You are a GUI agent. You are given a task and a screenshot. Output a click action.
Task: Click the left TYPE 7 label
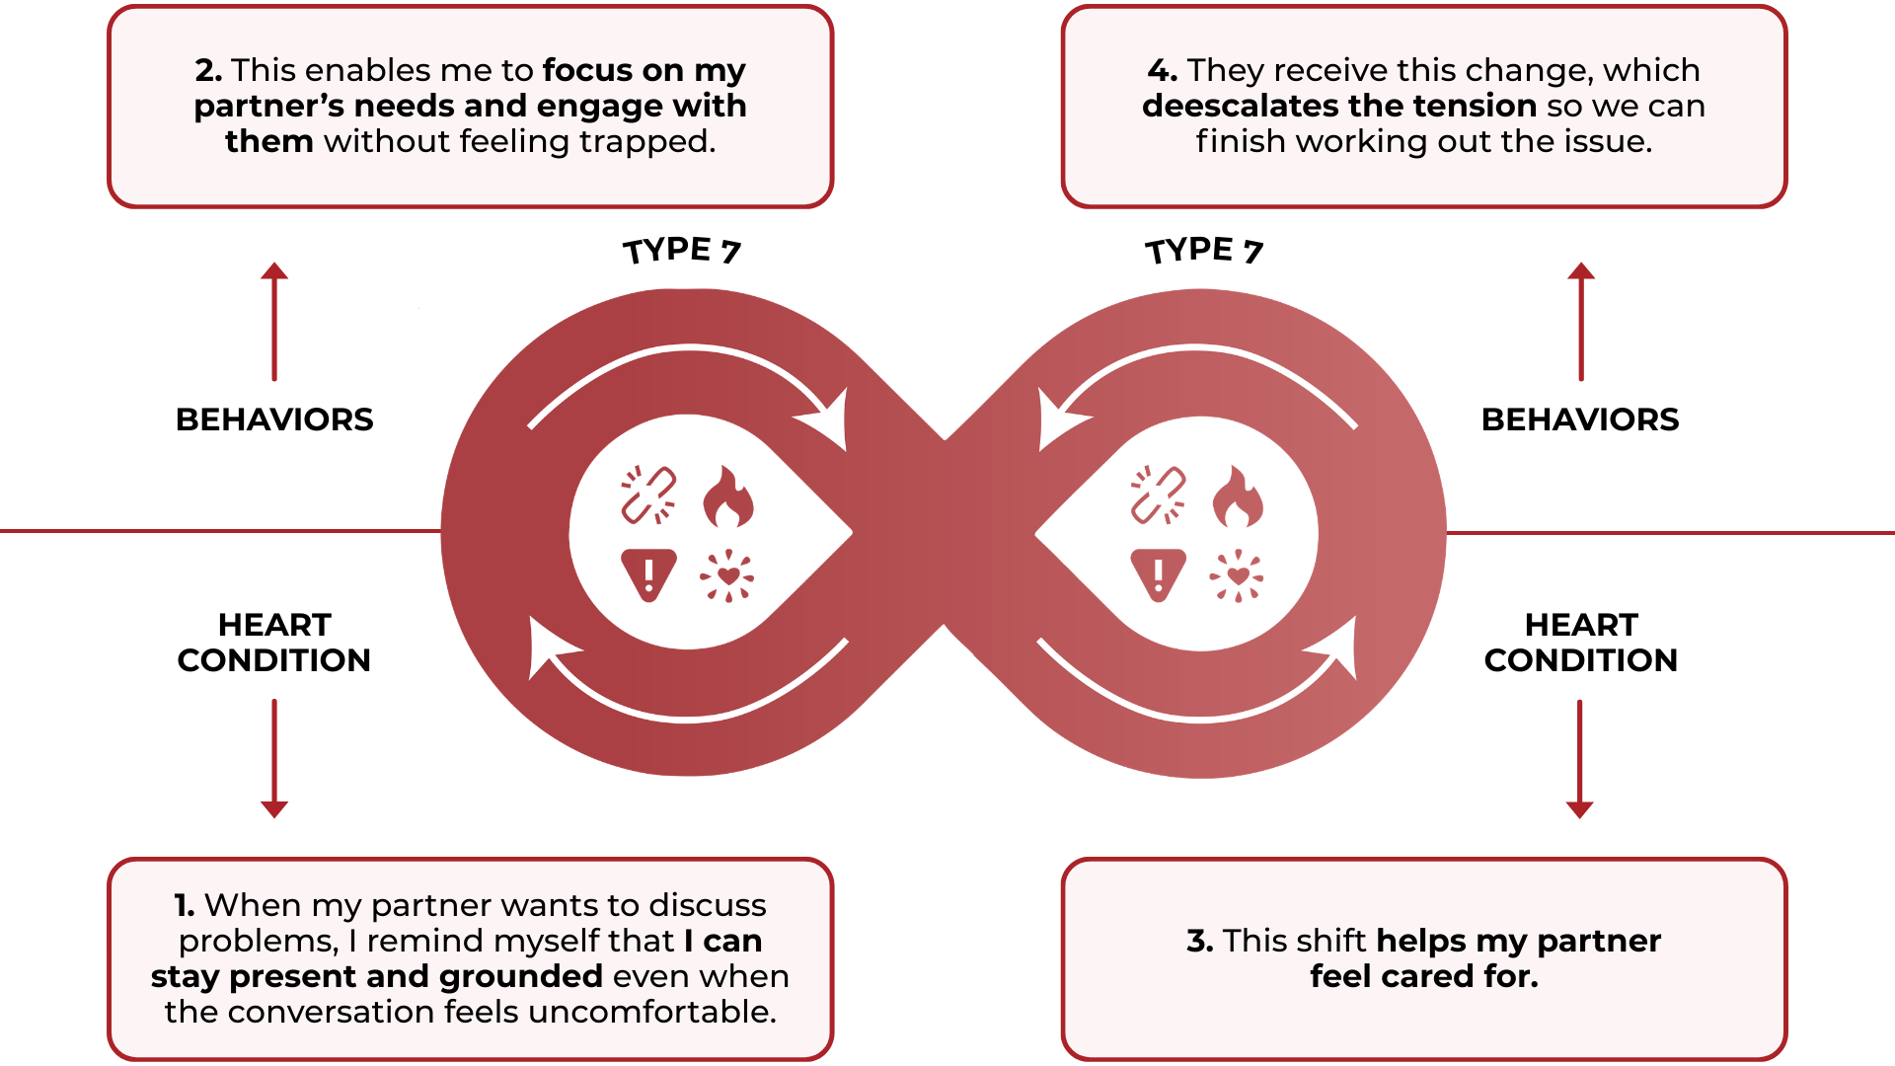click(x=681, y=251)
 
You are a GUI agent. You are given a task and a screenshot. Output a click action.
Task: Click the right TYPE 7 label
click(x=1203, y=251)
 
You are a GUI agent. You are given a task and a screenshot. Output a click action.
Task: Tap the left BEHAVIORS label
click(x=274, y=419)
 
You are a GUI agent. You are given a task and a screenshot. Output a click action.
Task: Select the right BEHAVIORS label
click(x=1580, y=419)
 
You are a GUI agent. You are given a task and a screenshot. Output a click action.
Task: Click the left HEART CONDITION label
click(x=274, y=643)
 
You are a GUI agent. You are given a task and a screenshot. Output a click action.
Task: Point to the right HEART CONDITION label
click(x=1580, y=643)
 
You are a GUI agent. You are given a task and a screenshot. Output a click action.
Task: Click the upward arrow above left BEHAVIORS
click(x=274, y=321)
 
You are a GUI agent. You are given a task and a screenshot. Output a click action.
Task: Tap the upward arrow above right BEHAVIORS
click(x=1581, y=321)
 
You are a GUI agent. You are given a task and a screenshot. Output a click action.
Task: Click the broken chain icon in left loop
click(x=648, y=495)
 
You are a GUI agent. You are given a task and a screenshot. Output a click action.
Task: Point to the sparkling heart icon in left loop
click(x=727, y=575)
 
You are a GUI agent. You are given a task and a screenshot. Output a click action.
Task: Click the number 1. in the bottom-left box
click(x=185, y=905)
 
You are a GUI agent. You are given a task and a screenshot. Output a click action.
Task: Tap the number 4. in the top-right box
click(x=1162, y=70)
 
